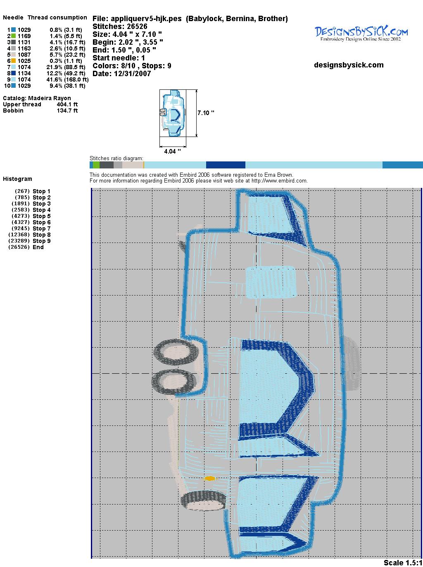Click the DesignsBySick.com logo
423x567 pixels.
click(361, 34)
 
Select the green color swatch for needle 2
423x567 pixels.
click(13, 36)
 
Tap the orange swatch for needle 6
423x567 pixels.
click(13, 61)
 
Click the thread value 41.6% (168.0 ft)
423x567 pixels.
click(67, 79)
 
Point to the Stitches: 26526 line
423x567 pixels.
click(120, 26)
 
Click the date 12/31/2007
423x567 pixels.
click(132, 74)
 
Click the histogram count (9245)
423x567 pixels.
click(20, 228)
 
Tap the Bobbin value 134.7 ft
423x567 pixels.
click(67, 111)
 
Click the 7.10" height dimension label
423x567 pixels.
click(206, 113)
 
